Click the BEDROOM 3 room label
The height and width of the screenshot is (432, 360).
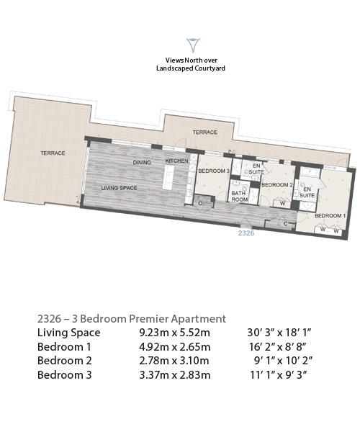(214, 171)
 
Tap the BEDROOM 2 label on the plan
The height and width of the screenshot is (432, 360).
(276, 185)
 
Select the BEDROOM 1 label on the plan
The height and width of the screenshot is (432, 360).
(330, 216)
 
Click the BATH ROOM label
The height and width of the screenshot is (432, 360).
(239, 197)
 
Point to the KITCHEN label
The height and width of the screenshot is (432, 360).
(177, 161)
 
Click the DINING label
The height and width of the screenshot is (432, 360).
(142, 163)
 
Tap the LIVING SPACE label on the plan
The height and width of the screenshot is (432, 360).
(119, 188)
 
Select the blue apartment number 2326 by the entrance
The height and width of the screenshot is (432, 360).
(246, 233)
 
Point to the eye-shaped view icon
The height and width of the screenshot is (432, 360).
(193, 45)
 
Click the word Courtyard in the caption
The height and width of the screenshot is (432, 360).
(210, 68)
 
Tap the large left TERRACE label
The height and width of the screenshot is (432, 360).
(53, 153)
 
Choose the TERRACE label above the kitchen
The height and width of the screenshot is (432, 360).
(204, 132)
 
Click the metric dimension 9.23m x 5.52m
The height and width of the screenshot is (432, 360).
(175, 333)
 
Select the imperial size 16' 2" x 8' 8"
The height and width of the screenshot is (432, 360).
(278, 346)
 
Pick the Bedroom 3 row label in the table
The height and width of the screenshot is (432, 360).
(65, 375)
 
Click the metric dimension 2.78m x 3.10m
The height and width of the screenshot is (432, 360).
(174, 361)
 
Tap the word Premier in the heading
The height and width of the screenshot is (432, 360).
(149, 319)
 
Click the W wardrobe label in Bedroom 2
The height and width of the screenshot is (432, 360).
(282, 204)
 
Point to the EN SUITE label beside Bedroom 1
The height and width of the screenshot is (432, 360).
(307, 192)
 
